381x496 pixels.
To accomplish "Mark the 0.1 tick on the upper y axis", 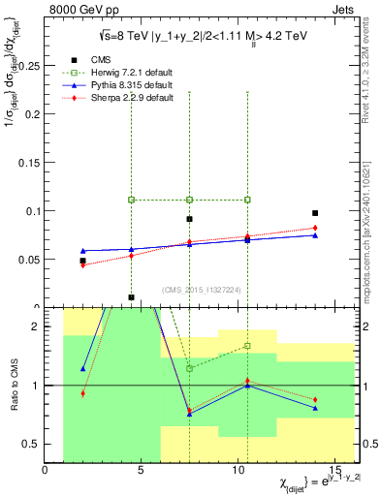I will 33,211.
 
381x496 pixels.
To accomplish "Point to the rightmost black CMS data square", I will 315,213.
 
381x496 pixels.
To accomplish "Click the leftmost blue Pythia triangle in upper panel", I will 83,251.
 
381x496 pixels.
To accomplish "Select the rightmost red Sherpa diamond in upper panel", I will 315,228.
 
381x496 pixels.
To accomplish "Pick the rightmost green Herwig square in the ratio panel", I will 247,346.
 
